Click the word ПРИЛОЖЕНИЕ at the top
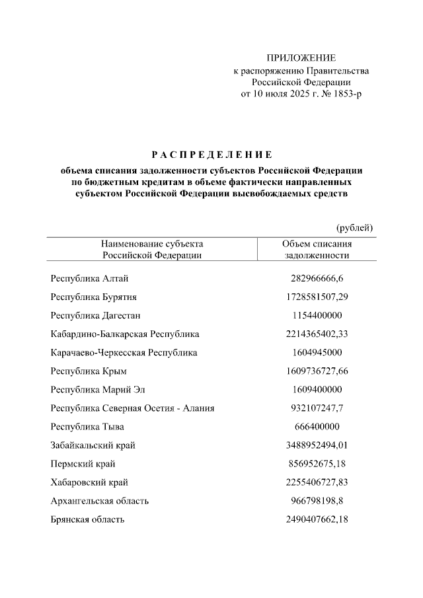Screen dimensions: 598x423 click(x=301, y=58)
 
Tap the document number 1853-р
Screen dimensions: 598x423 click(x=345, y=94)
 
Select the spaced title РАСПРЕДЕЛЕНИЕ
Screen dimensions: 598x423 click(x=211, y=155)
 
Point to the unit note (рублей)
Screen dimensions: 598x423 click(x=355, y=228)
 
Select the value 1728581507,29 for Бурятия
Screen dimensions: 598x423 click(x=317, y=297)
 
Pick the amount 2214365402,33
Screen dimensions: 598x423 click(x=317, y=334)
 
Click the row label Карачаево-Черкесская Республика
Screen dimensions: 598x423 click(x=124, y=352)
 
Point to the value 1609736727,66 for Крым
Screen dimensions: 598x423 click(x=317, y=371)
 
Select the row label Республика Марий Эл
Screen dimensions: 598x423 click(x=99, y=389)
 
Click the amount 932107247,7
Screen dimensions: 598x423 click(x=317, y=408)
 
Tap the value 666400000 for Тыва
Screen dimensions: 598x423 click(x=317, y=426)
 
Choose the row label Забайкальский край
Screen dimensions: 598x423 click(x=93, y=445)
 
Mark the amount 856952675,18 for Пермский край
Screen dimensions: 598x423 click(x=317, y=464)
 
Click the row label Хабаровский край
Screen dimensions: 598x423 click(x=89, y=482)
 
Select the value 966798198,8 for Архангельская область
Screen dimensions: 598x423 click(x=317, y=501)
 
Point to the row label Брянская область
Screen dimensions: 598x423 click(x=88, y=519)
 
